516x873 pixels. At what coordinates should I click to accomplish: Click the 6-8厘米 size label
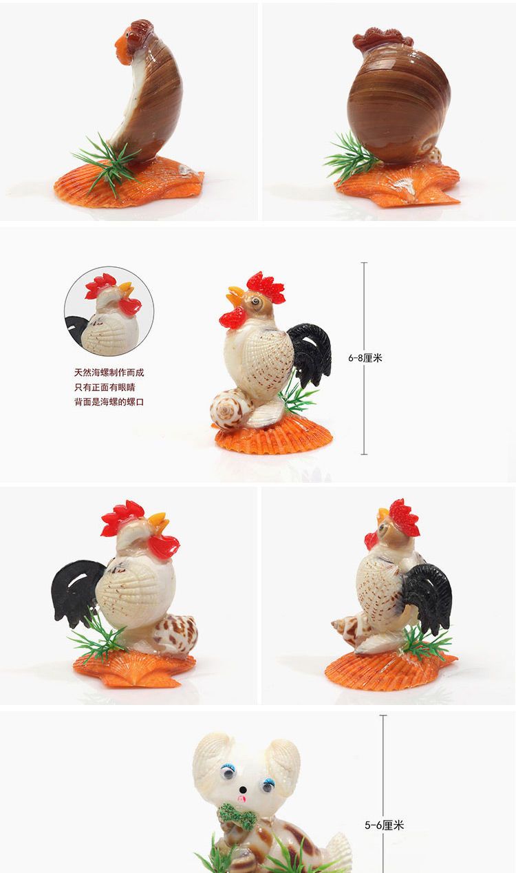pos(365,358)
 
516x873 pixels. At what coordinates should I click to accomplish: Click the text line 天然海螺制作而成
pos(109,372)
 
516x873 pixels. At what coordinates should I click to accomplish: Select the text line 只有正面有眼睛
pos(105,388)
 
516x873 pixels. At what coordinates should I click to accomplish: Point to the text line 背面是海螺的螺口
pos(109,402)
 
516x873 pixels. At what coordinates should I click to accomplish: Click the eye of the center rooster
pos(255,302)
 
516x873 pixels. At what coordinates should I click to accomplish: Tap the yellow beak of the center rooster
pos(235,296)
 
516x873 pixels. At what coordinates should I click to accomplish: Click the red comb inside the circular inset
pos(100,285)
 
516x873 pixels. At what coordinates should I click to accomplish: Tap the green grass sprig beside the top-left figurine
pos(107,164)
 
